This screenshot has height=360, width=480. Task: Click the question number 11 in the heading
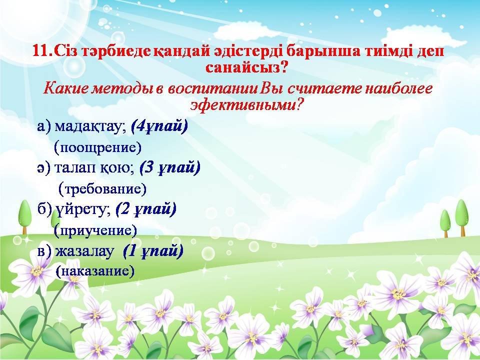(x=42, y=51)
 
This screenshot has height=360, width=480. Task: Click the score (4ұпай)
(x=159, y=126)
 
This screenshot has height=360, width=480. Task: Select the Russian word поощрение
(x=97, y=147)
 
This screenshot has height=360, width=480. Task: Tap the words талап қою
(x=93, y=168)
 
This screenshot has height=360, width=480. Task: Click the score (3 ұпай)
(x=170, y=168)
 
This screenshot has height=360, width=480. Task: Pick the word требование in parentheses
(x=102, y=189)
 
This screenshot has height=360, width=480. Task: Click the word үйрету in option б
(x=81, y=209)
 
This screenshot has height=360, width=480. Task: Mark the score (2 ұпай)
(x=146, y=209)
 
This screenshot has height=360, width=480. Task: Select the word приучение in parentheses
(x=95, y=230)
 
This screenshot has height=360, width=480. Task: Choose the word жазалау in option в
(x=84, y=251)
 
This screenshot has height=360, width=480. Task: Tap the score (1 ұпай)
(x=153, y=251)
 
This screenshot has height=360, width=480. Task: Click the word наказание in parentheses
(x=95, y=271)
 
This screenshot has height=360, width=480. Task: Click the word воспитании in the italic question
(x=212, y=89)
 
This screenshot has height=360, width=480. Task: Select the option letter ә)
(x=43, y=168)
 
